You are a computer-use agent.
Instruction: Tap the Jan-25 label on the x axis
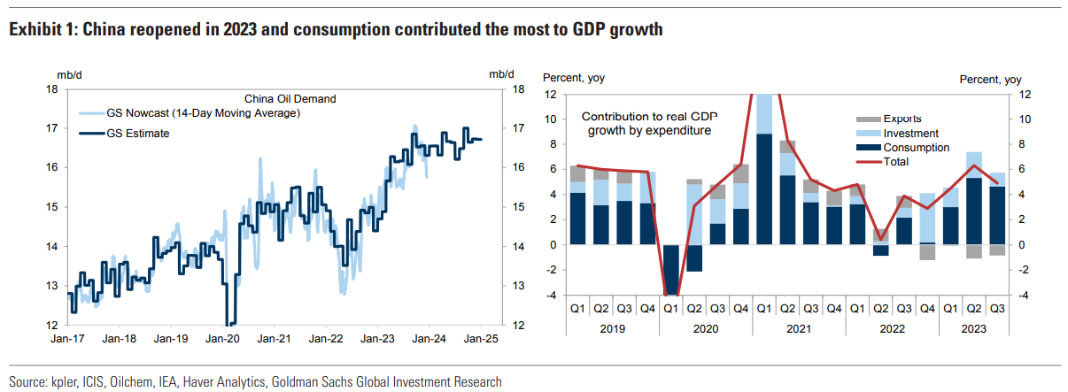tap(480, 338)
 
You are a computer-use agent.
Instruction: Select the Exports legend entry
tap(902, 119)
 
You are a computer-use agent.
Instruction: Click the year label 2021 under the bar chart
tap(799, 327)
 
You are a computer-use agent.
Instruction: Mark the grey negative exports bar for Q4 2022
tap(927, 252)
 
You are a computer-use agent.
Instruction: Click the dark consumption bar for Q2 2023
tap(973, 211)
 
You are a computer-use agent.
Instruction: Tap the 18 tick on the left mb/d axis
tap(52, 89)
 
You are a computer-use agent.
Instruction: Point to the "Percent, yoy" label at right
tap(991, 80)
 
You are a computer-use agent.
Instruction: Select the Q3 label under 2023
tap(996, 308)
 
